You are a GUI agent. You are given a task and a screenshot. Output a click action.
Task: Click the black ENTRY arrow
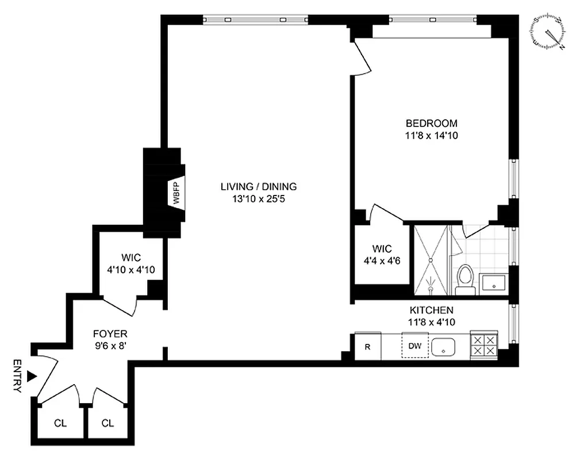click(x=32, y=375)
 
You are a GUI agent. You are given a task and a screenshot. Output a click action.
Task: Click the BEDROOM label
click(x=431, y=123)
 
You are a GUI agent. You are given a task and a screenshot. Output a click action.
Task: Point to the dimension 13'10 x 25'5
click(x=258, y=199)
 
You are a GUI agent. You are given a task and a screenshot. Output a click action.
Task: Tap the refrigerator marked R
click(x=367, y=347)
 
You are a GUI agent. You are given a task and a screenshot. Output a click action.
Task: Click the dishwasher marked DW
click(x=415, y=346)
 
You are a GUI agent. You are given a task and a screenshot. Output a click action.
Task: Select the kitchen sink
click(x=443, y=347)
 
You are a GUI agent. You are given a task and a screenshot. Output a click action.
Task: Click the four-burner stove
click(x=483, y=346)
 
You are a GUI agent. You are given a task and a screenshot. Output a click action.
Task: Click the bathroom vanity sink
click(x=493, y=282)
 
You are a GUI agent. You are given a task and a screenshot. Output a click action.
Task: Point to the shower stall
click(x=430, y=260)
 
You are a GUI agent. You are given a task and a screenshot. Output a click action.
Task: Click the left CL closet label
click(x=60, y=423)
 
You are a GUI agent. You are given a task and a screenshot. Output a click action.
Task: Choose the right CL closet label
click(x=107, y=423)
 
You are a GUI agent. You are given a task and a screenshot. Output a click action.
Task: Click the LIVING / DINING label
click(x=258, y=186)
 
